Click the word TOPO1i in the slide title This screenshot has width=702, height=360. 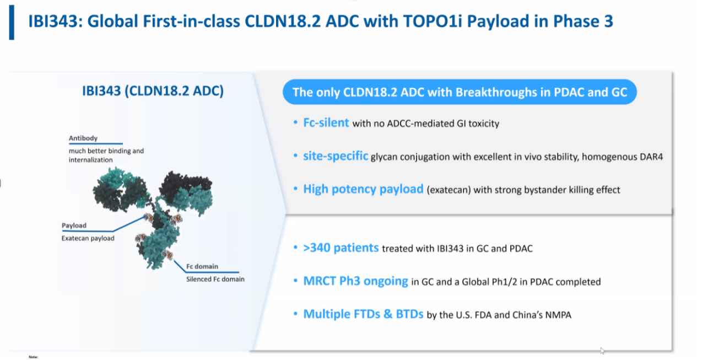433,21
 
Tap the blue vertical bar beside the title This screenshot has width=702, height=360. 12,23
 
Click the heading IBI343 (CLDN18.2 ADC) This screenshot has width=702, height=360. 153,91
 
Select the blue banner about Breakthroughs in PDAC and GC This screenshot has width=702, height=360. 460,92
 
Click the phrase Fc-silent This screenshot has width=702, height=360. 326,122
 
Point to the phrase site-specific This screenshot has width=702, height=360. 336,156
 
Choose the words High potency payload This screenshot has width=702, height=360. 363,189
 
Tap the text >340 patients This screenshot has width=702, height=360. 341,248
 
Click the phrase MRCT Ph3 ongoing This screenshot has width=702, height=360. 356,281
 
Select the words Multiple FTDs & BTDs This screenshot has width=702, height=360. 363,314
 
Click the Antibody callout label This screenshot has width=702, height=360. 83,138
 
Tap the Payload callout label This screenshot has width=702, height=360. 74,225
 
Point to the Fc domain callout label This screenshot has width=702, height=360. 202,266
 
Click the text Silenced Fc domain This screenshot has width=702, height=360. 215,279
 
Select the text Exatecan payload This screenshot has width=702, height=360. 88,238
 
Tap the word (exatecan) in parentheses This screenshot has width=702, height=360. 449,190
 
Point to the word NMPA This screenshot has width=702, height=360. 558,315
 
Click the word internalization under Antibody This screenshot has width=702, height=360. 90,160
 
